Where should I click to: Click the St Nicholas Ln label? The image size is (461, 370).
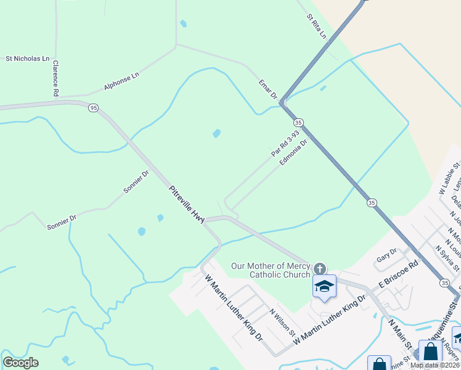coord(27,59)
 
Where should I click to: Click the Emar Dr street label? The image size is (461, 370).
coord(268,89)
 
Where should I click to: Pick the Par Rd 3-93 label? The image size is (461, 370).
coord(285,143)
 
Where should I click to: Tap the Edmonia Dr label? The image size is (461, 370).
coord(293,152)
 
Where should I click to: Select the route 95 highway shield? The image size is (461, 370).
coord(93,107)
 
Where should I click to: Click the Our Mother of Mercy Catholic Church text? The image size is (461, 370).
coord(271,271)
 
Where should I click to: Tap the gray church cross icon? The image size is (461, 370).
coord(319,268)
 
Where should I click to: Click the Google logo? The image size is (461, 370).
coord(20,363)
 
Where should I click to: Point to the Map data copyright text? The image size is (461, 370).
coord(434,365)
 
